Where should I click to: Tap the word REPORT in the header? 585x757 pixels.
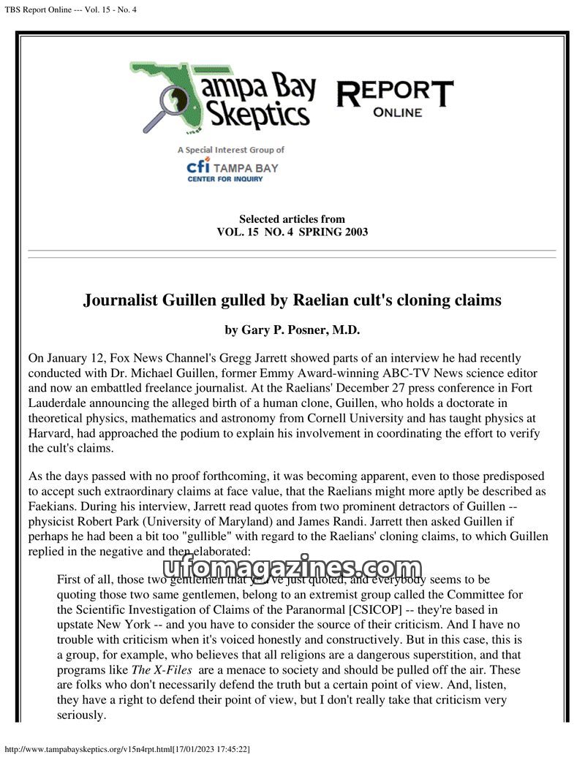tap(395, 93)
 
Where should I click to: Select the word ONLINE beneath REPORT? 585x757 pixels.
tap(397, 113)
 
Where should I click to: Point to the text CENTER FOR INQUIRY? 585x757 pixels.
tap(224, 179)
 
